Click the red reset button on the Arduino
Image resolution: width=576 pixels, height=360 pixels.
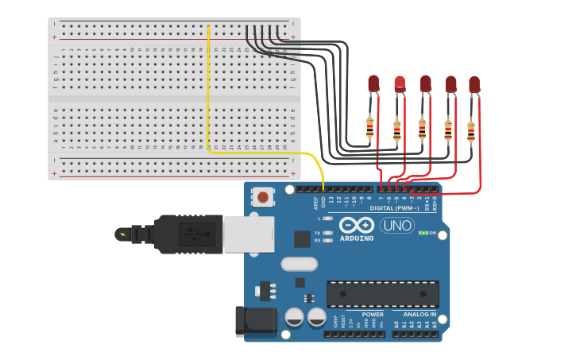click(x=262, y=196)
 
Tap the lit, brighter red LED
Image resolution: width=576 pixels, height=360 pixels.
click(x=400, y=83)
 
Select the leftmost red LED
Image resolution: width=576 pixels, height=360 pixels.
click(x=373, y=83)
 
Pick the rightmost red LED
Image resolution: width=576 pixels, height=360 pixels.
click(x=474, y=83)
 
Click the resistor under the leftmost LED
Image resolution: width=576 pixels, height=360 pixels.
click(x=370, y=126)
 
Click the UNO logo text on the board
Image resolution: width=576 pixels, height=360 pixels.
click(x=396, y=225)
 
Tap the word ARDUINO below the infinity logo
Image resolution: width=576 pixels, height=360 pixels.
click(x=357, y=238)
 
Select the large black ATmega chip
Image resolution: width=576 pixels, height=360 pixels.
click(x=382, y=293)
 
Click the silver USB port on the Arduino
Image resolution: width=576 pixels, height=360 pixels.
click(x=248, y=234)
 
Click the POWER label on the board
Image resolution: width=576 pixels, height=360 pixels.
click(x=373, y=315)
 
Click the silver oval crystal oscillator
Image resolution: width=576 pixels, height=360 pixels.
click(x=299, y=264)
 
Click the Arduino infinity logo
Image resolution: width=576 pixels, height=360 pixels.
click(x=357, y=225)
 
